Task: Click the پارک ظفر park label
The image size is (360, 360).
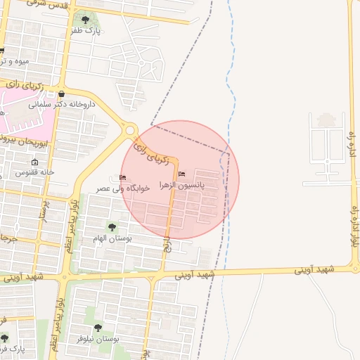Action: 87,31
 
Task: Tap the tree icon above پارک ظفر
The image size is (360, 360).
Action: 86,20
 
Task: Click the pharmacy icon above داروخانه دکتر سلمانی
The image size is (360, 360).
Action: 62,94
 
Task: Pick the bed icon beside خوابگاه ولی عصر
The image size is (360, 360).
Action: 123,177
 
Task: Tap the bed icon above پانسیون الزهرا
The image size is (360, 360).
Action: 182,174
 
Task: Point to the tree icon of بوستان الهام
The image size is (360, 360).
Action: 112,226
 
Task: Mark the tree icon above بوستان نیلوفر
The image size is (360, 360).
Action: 98,328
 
